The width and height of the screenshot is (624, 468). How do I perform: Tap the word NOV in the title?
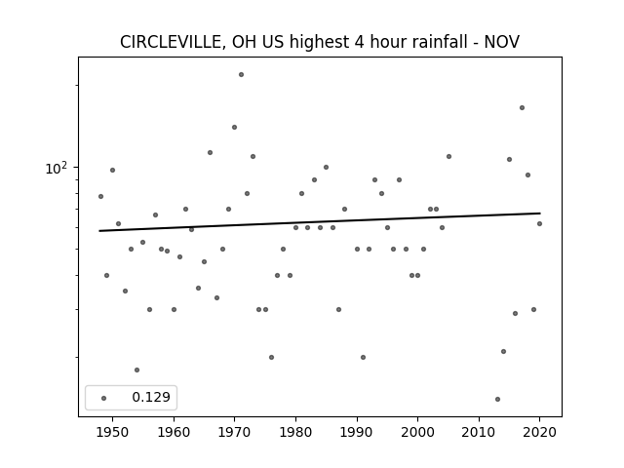tap(501, 42)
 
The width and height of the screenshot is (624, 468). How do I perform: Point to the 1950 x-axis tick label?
tap(113, 432)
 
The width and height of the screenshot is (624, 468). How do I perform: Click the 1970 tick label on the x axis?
tap(234, 432)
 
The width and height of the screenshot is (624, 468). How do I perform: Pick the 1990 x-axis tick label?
tap(357, 432)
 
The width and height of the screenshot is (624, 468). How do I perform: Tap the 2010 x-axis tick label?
tap(479, 432)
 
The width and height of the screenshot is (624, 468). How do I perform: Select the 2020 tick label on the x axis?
tap(539, 432)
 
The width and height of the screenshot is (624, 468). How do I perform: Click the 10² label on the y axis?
tap(57, 169)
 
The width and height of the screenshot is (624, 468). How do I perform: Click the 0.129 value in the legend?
tap(151, 397)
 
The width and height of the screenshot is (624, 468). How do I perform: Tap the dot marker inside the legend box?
tap(104, 398)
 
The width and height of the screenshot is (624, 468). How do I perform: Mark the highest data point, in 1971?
tap(241, 74)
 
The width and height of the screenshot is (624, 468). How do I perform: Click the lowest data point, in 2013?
tap(497, 399)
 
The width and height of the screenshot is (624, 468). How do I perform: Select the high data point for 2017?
tap(522, 108)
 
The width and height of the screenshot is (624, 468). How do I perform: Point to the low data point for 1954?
tap(136, 370)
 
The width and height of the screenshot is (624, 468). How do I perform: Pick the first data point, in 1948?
tap(100, 197)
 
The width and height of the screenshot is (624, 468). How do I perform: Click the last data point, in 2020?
tap(539, 223)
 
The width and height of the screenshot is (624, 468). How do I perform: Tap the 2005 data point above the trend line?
tap(448, 156)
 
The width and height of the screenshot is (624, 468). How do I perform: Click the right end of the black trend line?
tap(540, 214)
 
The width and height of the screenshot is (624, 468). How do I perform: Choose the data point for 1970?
tap(234, 128)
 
